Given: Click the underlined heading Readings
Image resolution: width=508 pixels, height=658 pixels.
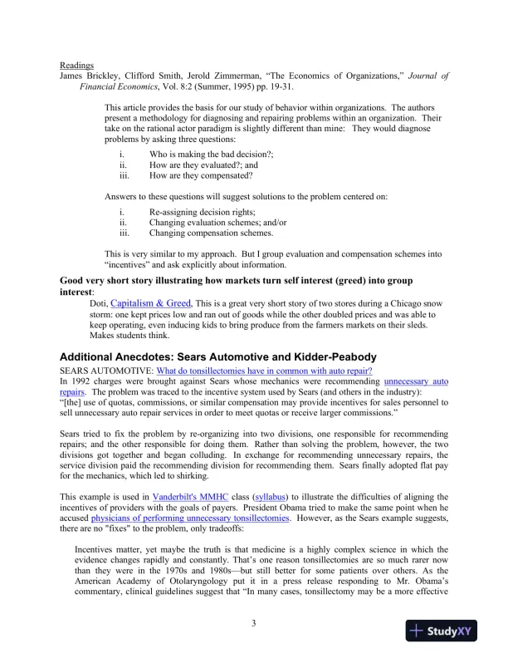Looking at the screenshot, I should (x=76, y=65).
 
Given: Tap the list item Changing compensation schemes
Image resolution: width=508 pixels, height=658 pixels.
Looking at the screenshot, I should (x=211, y=233).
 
